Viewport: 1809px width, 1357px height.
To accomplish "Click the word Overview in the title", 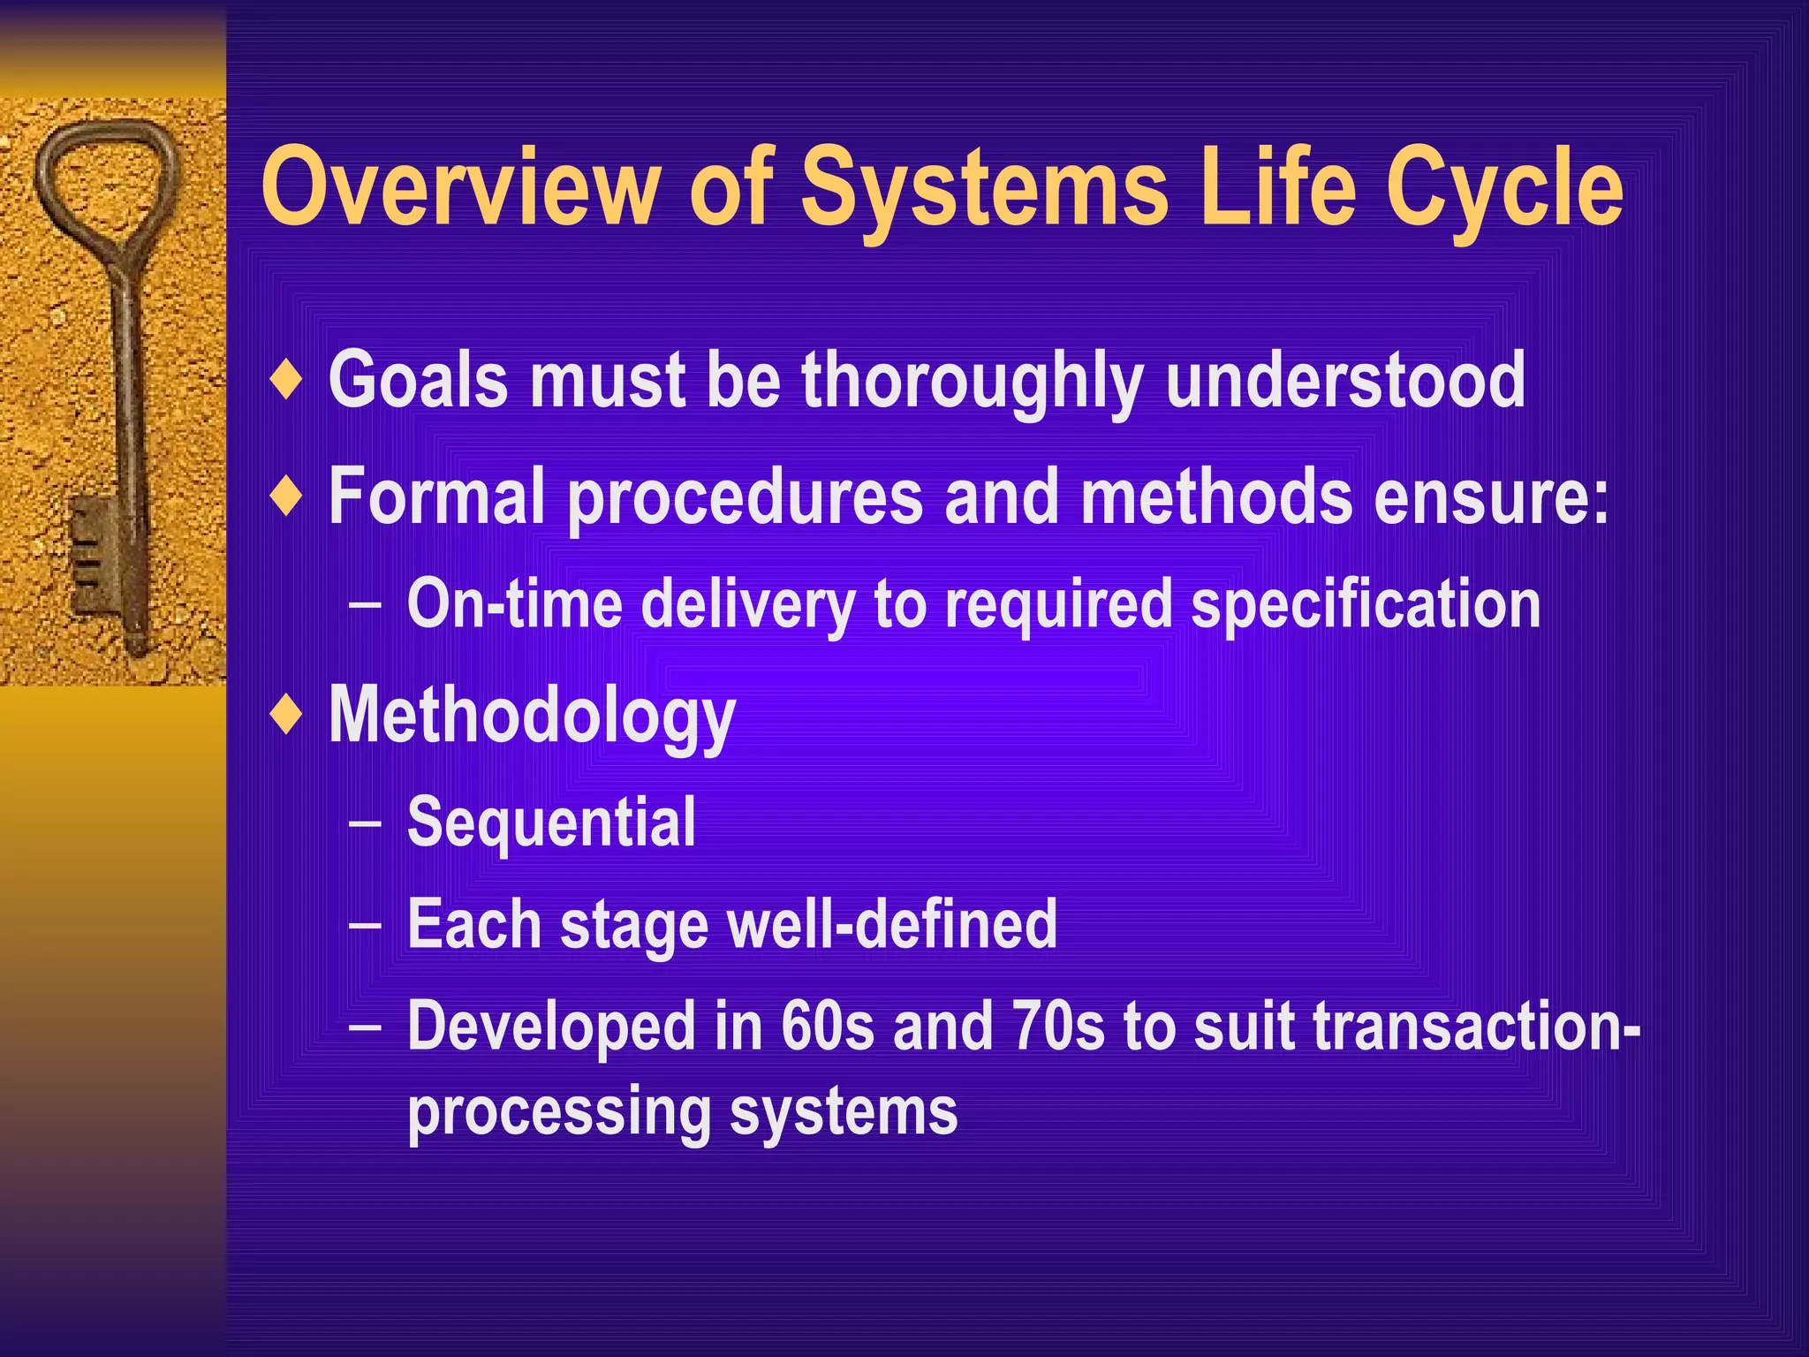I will coord(460,187).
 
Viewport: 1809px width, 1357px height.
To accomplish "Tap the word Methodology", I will coord(532,716).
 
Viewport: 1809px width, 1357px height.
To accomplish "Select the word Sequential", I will coord(551,823).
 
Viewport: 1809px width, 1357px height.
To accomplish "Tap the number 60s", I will coord(827,1027).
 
